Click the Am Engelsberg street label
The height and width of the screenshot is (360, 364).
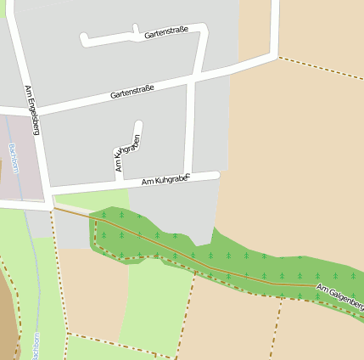[32, 110]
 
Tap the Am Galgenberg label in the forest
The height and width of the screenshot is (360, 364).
[339, 297]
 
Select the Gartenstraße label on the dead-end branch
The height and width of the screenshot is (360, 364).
[165, 33]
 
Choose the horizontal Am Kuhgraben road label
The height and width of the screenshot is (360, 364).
[164, 180]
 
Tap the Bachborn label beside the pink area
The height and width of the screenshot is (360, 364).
[13, 159]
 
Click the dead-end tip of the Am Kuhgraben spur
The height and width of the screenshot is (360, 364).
[138, 126]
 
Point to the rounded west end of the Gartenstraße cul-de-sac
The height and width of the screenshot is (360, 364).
[84, 38]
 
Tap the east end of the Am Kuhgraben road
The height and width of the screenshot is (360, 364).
[216, 175]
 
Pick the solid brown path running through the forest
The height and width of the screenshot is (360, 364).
[212, 269]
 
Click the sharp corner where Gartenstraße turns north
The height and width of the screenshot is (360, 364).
[275, 57]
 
